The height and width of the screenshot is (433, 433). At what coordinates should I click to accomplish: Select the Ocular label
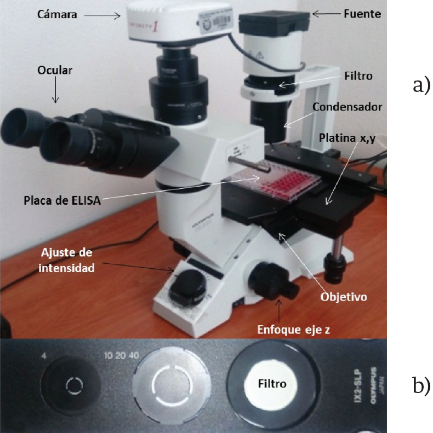55,70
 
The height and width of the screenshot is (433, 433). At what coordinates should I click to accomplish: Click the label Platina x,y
346,137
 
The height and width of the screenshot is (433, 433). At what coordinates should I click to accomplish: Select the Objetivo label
343,298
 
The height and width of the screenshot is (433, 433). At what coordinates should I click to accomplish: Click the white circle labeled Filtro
272,384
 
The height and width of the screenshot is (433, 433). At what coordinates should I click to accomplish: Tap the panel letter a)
421,85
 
